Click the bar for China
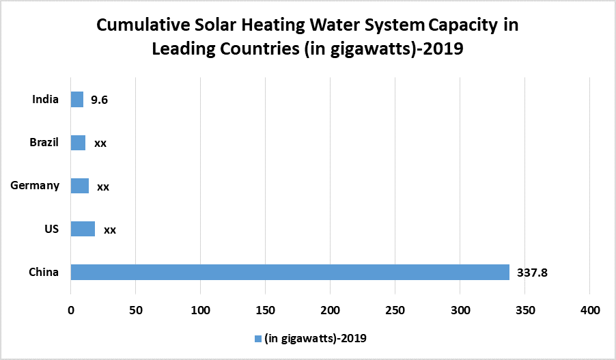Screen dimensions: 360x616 [290, 272]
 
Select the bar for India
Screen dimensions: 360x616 [77, 100]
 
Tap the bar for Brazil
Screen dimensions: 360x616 [78, 143]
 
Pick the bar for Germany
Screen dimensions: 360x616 [80, 186]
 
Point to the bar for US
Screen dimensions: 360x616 [83, 229]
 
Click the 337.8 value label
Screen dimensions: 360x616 [533, 273]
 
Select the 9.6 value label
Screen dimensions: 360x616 [100, 100]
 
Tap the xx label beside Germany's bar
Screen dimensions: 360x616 [103, 186]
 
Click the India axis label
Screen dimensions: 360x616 [45, 100]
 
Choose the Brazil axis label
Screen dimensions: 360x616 [44, 143]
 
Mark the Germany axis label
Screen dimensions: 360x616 [36, 186]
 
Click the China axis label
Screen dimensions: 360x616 [44, 272]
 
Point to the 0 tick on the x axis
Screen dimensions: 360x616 [71, 310]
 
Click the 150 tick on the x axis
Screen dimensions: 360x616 [266, 310]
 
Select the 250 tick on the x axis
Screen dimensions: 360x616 [395, 310]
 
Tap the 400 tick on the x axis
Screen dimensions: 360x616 [590, 310]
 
